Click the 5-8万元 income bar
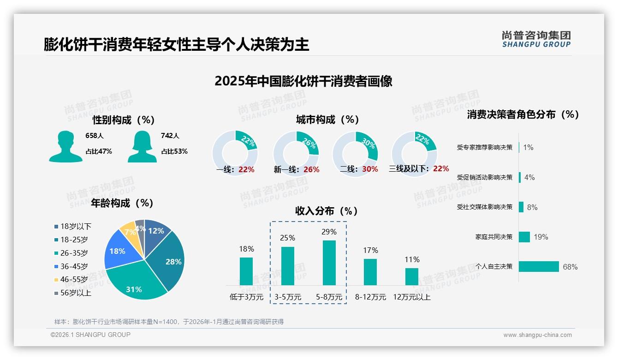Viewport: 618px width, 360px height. pyautogui.click(x=329, y=263)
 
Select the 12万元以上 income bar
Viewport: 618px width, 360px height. pyautogui.click(x=411, y=276)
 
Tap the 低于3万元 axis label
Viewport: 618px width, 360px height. pyautogui.click(x=246, y=297)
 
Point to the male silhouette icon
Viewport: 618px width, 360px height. pyautogui.click(x=65, y=147)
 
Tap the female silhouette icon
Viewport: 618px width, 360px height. pyautogui.click(x=142, y=147)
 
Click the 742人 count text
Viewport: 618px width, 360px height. pyautogui.click(x=170, y=136)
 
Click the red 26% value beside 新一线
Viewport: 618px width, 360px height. pyautogui.click(x=311, y=169)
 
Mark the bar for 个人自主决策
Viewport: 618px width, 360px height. pyautogui.click(x=538, y=266)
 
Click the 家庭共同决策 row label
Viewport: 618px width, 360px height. pyautogui.click(x=494, y=237)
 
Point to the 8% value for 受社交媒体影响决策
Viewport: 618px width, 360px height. pyautogui.click(x=532, y=207)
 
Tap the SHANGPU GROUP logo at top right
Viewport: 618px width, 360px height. pyautogui.click(x=536, y=39)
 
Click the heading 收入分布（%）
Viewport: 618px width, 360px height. pyautogui.click(x=327, y=211)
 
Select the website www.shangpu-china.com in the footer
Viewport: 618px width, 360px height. pyautogui.click(x=537, y=335)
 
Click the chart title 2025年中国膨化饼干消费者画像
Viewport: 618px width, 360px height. pyautogui.click(x=303, y=81)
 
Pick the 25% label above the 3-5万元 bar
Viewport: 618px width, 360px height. pyautogui.click(x=287, y=238)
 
